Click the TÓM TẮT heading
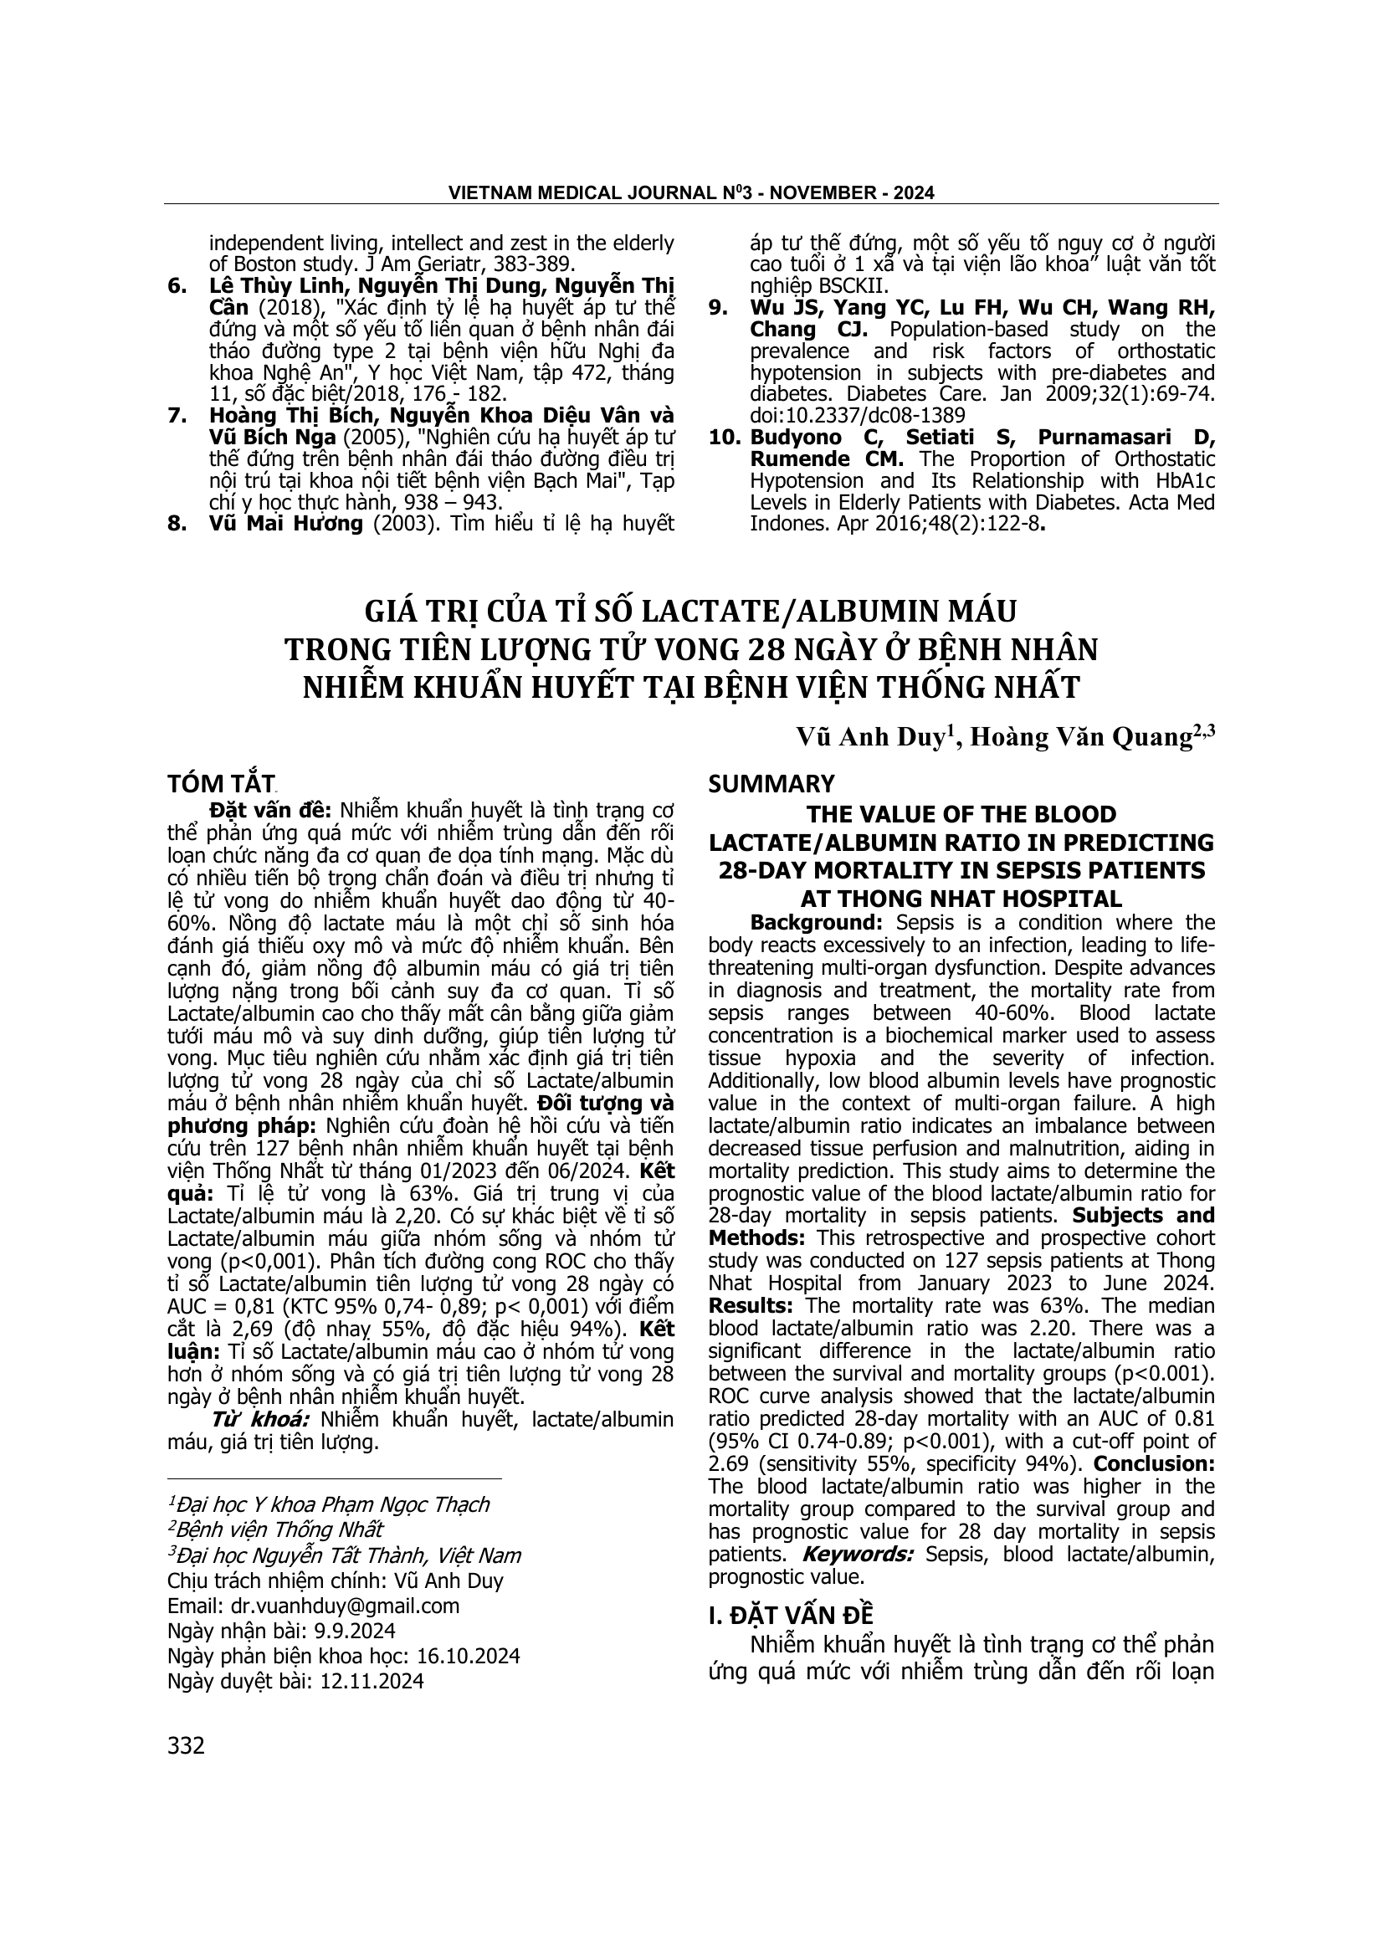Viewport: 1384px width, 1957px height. [222, 783]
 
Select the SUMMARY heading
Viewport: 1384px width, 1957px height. [772, 783]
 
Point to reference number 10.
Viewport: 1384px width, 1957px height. [726, 438]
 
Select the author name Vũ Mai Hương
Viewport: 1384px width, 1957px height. [285, 523]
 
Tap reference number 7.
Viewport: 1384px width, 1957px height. [177, 416]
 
